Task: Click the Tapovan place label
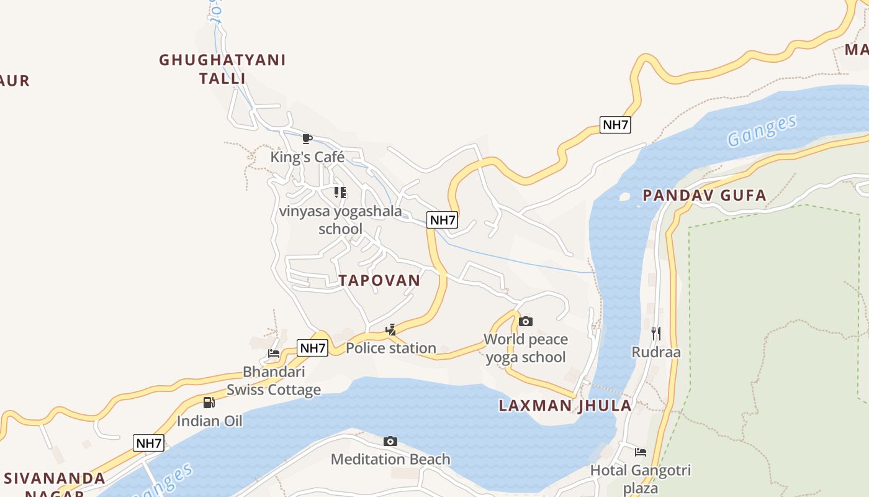tap(379, 280)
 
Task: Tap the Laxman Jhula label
tap(565, 406)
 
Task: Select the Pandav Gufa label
tap(704, 196)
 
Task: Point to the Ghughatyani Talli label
tap(222, 69)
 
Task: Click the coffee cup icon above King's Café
tap(307, 138)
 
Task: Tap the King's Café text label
tap(307, 157)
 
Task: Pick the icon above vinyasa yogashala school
tap(340, 193)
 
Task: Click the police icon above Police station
tap(390, 329)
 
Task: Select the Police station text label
tap(390, 349)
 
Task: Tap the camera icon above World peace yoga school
tap(526, 321)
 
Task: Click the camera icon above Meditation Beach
tap(390, 441)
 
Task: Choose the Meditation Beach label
tap(390, 460)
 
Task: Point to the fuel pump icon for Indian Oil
tap(209, 403)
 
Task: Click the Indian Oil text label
tap(209, 421)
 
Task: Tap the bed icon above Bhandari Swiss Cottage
tap(274, 353)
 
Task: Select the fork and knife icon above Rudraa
tap(655, 334)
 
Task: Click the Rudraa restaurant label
tap(655, 352)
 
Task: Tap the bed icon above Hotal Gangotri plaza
tap(640, 452)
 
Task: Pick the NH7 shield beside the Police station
tap(313, 348)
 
